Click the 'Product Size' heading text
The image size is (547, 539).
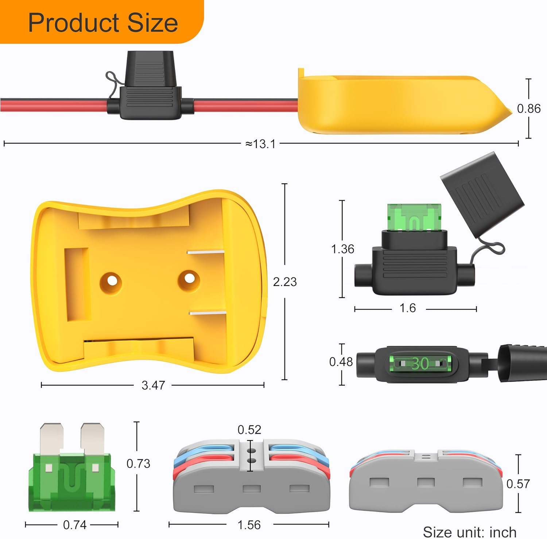[x=103, y=23]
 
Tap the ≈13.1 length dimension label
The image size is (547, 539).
[x=260, y=144]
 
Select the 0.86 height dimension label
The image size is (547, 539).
[x=528, y=108]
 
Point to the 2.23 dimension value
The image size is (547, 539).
[x=285, y=282]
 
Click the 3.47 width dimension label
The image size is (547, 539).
[x=153, y=385]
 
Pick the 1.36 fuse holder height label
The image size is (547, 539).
[x=342, y=249]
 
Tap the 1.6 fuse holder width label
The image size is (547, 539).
[x=407, y=308]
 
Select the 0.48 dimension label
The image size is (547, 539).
[x=341, y=362]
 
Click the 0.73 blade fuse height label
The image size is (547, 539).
[x=138, y=463]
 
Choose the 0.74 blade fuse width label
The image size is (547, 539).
[x=75, y=525]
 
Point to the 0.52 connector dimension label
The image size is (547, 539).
[x=249, y=430]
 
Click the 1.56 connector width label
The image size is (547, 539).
[x=249, y=525]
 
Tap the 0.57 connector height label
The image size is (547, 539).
[x=518, y=484]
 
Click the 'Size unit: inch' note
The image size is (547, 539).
[x=469, y=532]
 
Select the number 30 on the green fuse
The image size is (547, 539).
[x=420, y=363]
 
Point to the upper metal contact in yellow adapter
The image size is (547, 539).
[x=205, y=252]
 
